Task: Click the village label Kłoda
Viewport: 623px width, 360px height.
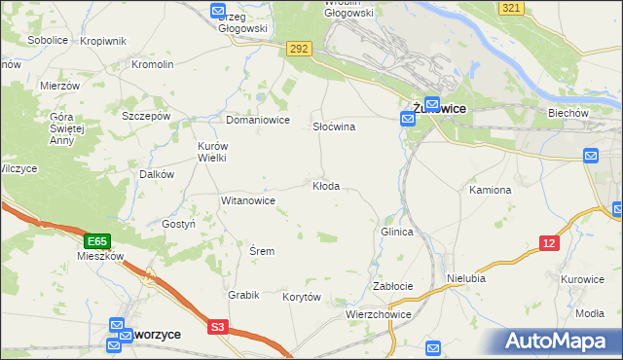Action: [x=326, y=186]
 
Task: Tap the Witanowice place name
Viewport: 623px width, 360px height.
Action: [x=248, y=200]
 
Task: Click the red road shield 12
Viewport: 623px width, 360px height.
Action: [x=550, y=243]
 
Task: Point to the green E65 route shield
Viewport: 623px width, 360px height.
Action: [x=95, y=240]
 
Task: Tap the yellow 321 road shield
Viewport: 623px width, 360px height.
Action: [x=513, y=7]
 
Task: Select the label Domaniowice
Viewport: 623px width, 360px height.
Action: [x=258, y=120]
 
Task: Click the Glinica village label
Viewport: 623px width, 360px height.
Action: [x=397, y=233]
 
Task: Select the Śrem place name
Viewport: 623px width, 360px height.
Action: [x=262, y=251]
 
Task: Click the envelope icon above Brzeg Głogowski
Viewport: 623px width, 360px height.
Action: [x=219, y=11]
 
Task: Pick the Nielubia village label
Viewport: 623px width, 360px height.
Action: [x=465, y=277]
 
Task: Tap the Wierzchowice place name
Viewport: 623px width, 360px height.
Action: [x=379, y=315]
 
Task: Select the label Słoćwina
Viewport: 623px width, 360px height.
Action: [x=333, y=126]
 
